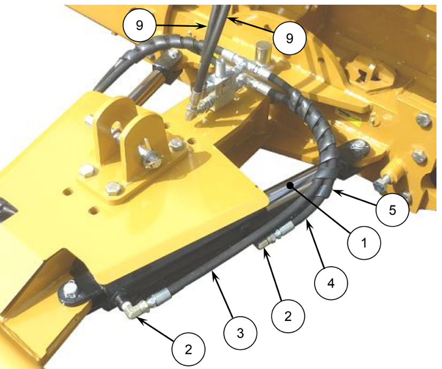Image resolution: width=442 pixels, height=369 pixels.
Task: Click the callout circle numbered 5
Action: click(392, 210)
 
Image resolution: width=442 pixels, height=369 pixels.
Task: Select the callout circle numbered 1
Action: click(364, 243)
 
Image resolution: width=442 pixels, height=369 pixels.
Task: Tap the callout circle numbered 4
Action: click(331, 283)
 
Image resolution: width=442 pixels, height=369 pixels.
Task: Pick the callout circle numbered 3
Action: click(240, 333)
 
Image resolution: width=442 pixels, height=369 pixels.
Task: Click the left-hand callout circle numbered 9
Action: click(139, 25)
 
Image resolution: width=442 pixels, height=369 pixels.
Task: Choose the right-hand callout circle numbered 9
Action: click(289, 38)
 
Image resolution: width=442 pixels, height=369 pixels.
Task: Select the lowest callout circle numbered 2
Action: click(188, 350)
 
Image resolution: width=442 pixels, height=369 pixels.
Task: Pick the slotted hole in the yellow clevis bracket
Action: click(115, 128)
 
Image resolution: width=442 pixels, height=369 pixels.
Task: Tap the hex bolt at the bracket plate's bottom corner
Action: click(114, 188)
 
